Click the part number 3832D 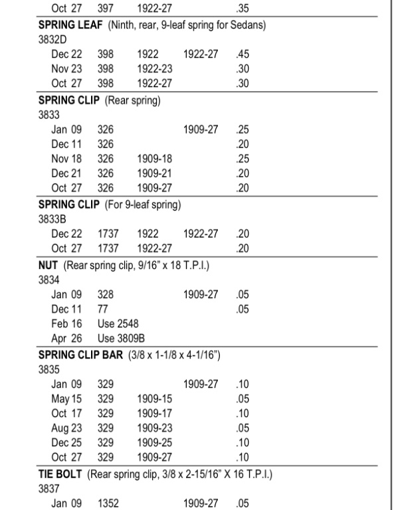click(53, 39)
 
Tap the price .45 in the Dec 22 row click(242, 53)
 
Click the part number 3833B click(53, 218)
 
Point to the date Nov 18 click(66, 158)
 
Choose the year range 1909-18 click(154, 158)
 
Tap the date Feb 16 click(66, 323)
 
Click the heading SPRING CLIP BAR click(80, 355)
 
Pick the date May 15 click(66, 398)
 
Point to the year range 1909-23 click(154, 428)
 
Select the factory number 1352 click(108, 503)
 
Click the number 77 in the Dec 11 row click(103, 308)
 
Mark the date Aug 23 click(66, 428)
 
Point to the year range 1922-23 click(154, 68)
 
